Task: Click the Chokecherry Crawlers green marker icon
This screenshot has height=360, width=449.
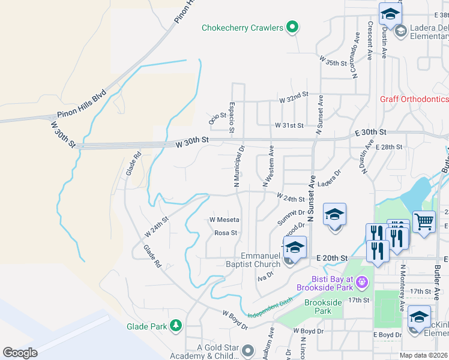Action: [x=292, y=27]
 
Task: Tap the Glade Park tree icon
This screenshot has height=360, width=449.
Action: [x=176, y=326]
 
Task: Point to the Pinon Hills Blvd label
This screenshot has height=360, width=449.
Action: [x=82, y=104]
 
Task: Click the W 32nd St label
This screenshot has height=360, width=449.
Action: [x=293, y=95]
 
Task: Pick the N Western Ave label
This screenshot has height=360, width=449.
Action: [x=268, y=166]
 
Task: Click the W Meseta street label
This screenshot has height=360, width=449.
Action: [x=224, y=220]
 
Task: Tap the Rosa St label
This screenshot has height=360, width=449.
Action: [x=226, y=233]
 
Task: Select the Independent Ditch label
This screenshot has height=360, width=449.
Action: [x=270, y=308]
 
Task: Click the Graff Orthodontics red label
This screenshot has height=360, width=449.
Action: [x=414, y=99]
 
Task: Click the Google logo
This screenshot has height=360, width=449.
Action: [x=20, y=353]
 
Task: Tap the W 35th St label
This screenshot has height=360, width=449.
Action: [x=333, y=62]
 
